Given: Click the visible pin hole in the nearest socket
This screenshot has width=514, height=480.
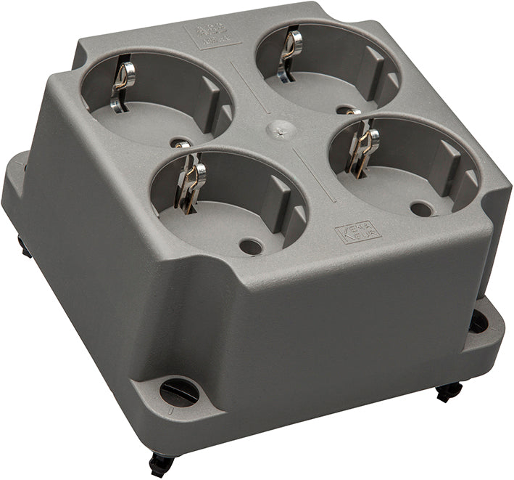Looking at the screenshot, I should coord(250,246).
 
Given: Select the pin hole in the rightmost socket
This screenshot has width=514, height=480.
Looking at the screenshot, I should coord(420,209).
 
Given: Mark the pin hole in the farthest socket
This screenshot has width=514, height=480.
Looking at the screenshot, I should coord(344,109).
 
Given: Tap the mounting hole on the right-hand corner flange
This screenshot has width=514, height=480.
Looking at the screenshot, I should coord(478,321).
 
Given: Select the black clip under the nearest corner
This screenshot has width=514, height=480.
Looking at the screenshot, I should coord(161,463).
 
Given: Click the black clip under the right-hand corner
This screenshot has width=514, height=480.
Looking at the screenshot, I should coord(449,391).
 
